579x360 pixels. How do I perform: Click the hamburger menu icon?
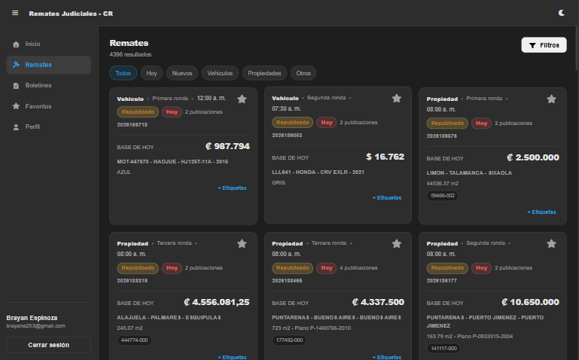click(x=15, y=14)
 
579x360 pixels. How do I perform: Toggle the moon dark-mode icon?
click(x=561, y=13)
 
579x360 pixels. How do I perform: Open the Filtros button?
click(x=544, y=45)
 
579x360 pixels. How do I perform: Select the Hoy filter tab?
click(x=151, y=73)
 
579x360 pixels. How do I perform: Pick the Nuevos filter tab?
click(x=182, y=73)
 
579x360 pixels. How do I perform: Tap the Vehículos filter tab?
click(x=220, y=73)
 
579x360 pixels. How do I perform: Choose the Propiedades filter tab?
click(x=264, y=73)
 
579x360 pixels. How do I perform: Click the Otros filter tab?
click(x=303, y=73)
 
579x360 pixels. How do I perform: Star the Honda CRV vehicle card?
click(x=397, y=98)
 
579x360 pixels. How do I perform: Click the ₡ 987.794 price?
click(x=227, y=146)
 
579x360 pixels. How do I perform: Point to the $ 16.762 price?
click(x=385, y=157)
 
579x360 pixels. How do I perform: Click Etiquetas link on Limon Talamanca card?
click(x=541, y=212)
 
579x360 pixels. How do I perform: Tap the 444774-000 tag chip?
click(x=135, y=340)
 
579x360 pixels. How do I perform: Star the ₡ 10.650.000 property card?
click(x=551, y=244)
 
